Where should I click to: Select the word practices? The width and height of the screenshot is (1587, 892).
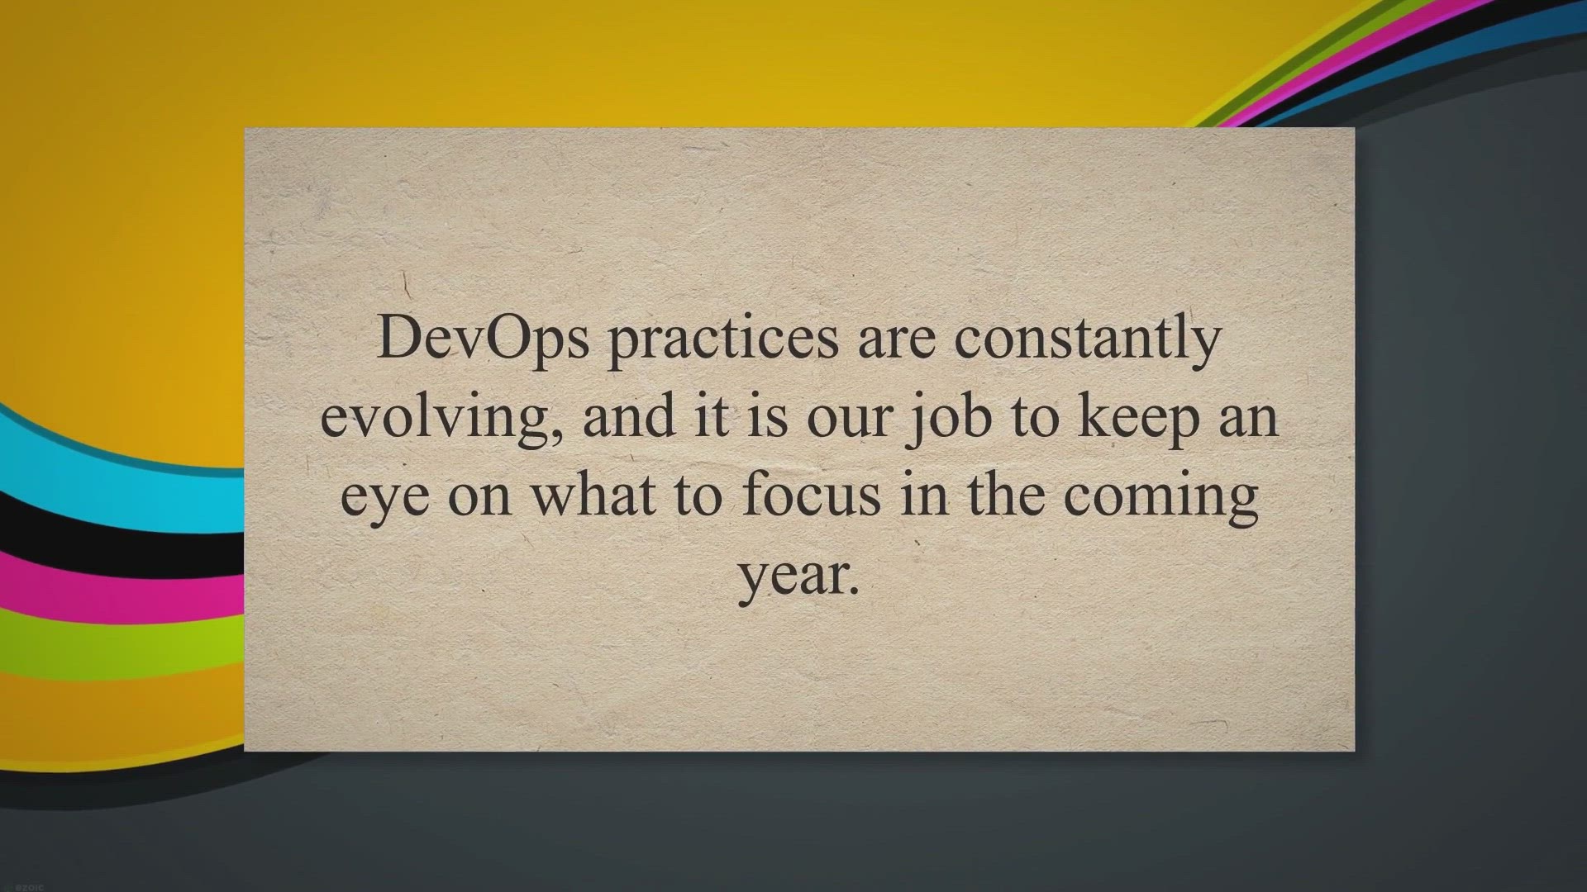click(723, 340)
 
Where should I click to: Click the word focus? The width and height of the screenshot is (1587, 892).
click(812, 494)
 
